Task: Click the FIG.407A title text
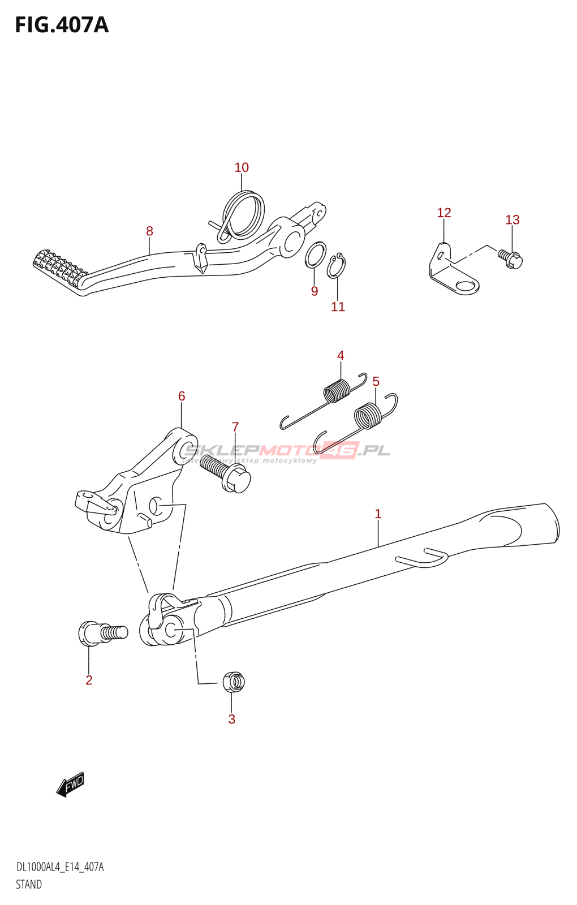[x=62, y=25]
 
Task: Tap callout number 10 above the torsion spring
[x=242, y=167]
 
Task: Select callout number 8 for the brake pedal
[x=149, y=231]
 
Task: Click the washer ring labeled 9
[x=316, y=255]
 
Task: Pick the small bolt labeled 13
[x=511, y=259]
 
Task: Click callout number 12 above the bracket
[x=444, y=213]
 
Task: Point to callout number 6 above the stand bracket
[x=182, y=396]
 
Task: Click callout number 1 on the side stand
[x=378, y=514]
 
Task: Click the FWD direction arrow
[x=71, y=785]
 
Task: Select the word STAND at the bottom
[x=29, y=885]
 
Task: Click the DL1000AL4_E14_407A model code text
[x=60, y=867]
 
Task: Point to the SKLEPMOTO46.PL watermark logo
[x=287, y=451]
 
